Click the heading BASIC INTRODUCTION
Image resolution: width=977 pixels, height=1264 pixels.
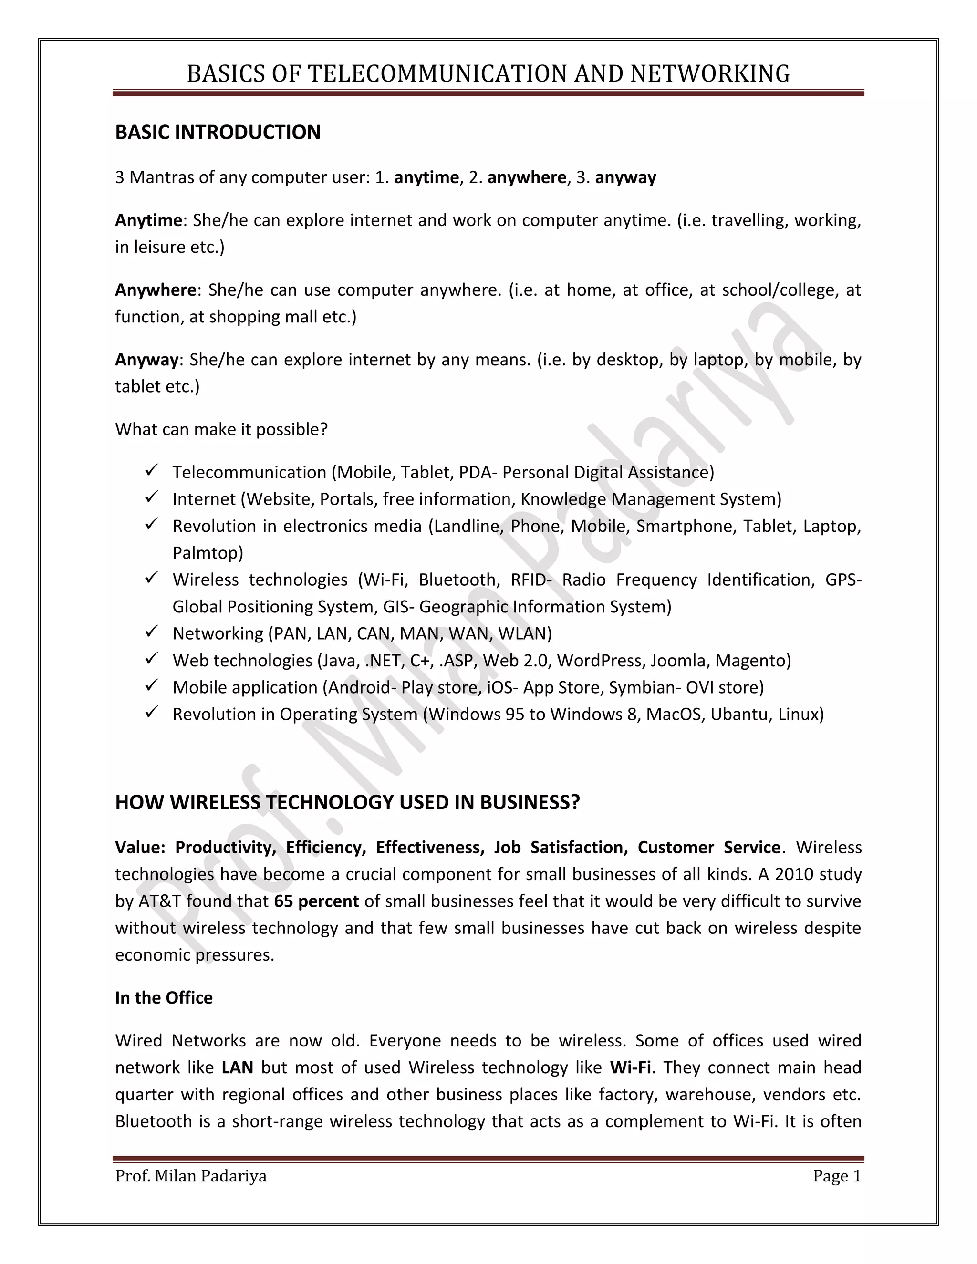[x=218, y=133]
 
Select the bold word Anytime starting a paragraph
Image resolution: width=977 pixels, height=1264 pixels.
[x=149, y=220]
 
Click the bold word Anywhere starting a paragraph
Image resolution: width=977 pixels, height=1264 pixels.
[x=156, y=290]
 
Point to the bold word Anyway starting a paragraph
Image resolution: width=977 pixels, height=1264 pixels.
[x=147, y=360]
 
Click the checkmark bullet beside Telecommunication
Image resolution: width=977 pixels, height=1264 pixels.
[x=152, y=471]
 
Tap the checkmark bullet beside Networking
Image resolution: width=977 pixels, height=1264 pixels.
[x=152, y=632]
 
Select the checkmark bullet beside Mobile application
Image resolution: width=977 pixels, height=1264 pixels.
[x=152, y=686]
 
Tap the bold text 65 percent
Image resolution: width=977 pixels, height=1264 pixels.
[x=317, y=901]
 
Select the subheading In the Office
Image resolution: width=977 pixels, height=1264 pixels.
[x=164, y=998]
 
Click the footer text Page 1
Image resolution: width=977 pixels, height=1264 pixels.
[x=837, y=1176]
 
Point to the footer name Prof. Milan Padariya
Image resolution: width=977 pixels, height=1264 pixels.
[x=191, y=1176]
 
